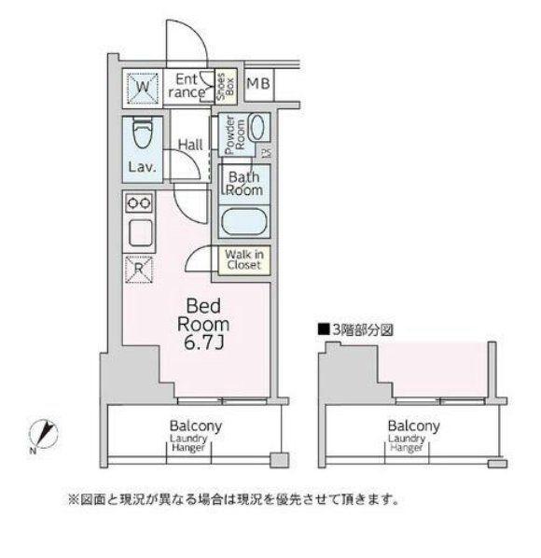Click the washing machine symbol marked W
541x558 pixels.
tap(143, 88)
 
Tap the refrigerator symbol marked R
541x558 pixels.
tap(139, 269)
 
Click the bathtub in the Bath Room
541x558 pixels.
tap(244, 222)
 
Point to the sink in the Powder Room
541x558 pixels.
tap(257, 127)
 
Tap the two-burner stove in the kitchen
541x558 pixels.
tap(139, 203)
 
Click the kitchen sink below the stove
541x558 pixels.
tap(140, 233)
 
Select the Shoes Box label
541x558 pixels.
tap(226, 87)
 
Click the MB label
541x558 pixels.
tap(258, 84)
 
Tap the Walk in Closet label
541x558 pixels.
tap(244, 259)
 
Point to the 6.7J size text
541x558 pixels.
tap(203, 343)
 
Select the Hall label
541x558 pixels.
tap(190, 145)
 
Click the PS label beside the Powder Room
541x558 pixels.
tap(266, 153)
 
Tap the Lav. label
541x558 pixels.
tap(143, 166)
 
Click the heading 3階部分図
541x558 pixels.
tap(363, 330)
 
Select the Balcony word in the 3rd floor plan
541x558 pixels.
tap(413, 425)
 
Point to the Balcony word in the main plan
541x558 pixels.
tap(196, 425)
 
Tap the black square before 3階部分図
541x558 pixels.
tap(324, 329)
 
